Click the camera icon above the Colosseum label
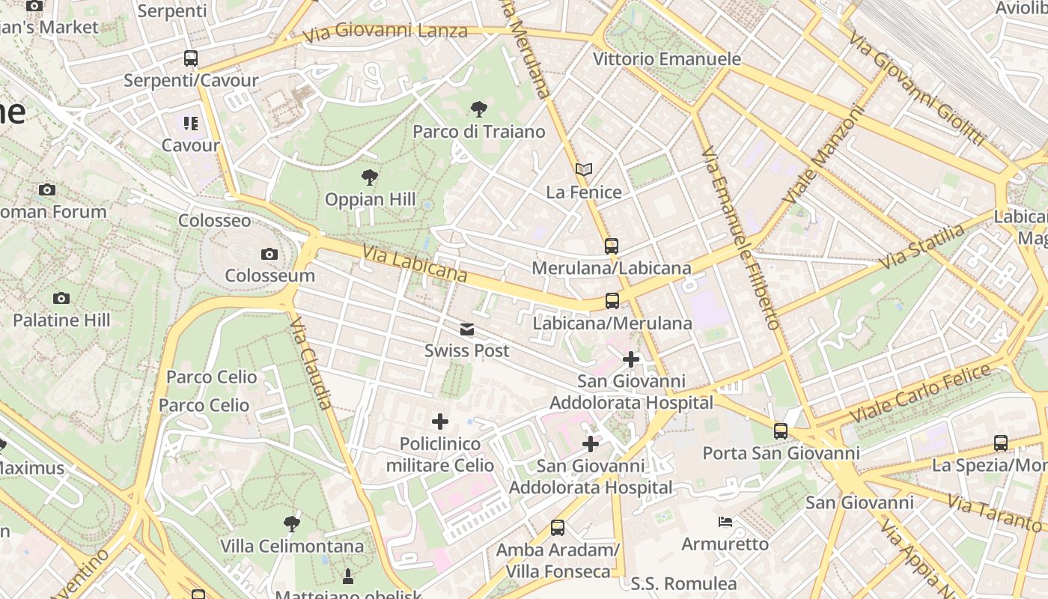click(269, 255)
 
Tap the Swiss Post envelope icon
click(467, 329)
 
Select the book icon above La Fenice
click(584, 170)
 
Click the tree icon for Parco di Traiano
click(478, 110)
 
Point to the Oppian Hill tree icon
click(369, 177)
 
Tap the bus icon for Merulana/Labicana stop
click(612, 246)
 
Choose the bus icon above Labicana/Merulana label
click(612, 301)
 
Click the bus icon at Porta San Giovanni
click(781, 431)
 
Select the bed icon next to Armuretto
click(725, 522)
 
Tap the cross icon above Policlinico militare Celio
click(440, 422)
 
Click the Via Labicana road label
click(415, 264)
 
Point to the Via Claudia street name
click(311, 362)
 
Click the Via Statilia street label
click(922, 246)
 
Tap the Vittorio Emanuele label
click(667, 58)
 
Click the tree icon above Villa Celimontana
click(292, 523)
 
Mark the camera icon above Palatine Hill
click(61, 298)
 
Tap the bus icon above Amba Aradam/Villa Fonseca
click(558, 528)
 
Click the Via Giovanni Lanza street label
click(386, 32)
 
